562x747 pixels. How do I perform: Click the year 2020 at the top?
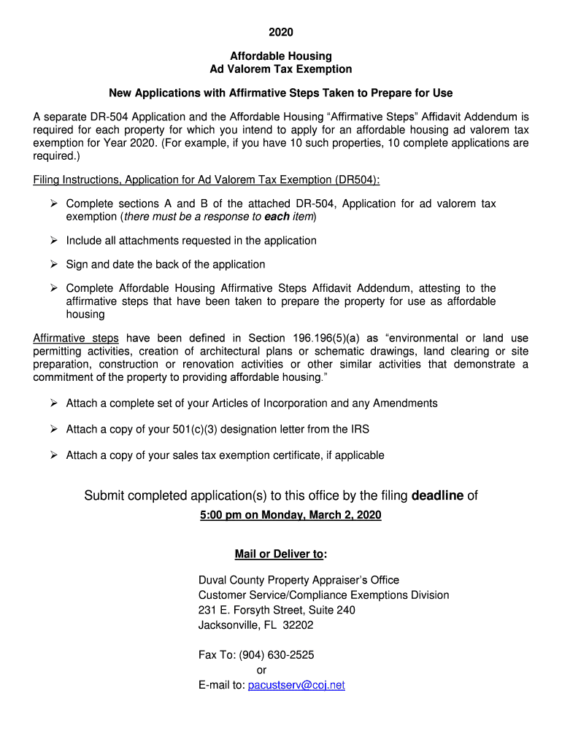click(280, 32)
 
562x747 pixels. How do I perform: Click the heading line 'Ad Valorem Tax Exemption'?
click(280, 69)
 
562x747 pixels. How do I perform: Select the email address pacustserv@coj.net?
click(296, 685)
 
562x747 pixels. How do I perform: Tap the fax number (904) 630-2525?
click(282, 655)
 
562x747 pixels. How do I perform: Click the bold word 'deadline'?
click(437, 496)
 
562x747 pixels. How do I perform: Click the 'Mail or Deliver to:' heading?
click(280, 554)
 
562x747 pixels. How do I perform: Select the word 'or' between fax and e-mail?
click(261, 670)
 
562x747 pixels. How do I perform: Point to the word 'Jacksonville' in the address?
click(227, 625)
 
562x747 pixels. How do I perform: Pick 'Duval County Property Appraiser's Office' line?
click(299, 580)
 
